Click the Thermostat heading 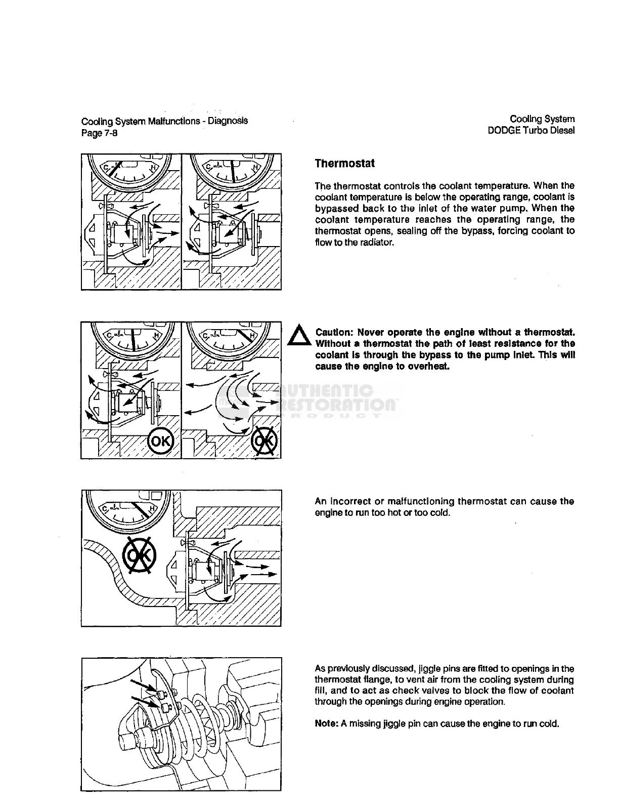(344, 164)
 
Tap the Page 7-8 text (100, 133)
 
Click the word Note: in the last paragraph (326, 724)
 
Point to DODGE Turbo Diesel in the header (531, 130)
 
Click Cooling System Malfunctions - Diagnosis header (164, 122)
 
